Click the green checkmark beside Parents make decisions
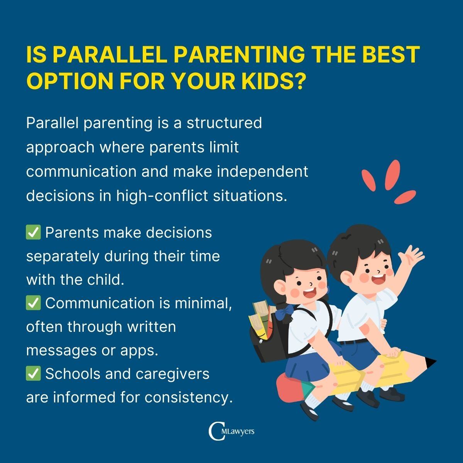pyautogui.click(x=33, y=232)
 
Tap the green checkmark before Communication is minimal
pyautogui.click(x=33, y=303)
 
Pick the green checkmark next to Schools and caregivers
pyautogui.click(x=33, y=373)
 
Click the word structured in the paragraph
pyautogui.click(x=224, y=123)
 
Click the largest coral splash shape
pyautogui.click(x=392, y=175)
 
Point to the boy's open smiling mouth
pyautogui.click(x=378, y=280)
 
